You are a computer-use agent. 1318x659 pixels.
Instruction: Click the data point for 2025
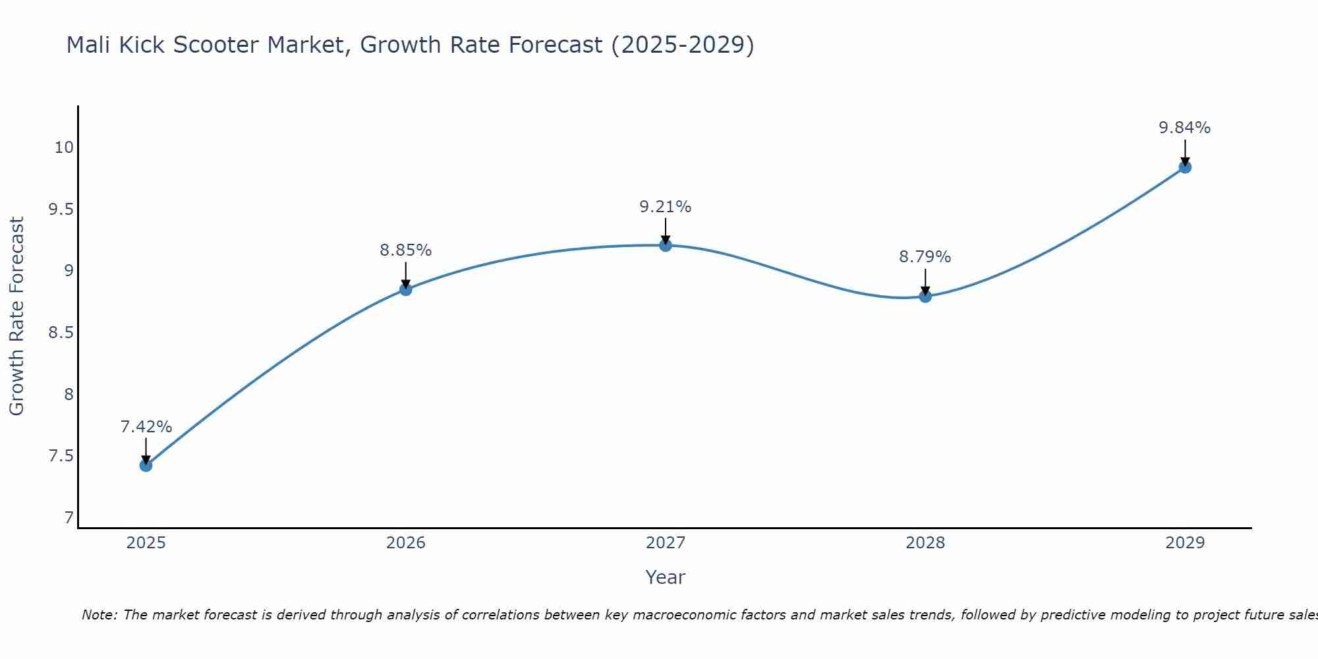point(146,465)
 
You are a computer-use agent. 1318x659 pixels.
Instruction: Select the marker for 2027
point(666,245)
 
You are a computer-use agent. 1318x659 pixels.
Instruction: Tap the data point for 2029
point(1185,167)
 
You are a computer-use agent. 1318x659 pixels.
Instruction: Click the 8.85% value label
point(405,250)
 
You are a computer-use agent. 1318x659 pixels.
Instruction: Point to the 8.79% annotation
point(925,257)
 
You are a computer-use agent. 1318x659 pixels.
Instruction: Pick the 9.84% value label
point(1184,128)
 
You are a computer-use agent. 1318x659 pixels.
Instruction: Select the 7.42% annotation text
point(146,427)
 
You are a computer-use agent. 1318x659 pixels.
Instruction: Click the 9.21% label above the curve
point(665,207)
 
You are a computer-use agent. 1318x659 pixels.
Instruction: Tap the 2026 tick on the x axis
point(405,543)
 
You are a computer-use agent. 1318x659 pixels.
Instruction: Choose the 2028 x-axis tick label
point(925,543)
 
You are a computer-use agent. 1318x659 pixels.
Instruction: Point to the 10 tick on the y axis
point(64,148)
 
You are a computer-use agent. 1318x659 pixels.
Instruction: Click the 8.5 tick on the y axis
point(61,333)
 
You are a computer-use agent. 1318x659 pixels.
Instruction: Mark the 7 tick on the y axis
point(69,518)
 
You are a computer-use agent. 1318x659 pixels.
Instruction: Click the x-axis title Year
point(665,577)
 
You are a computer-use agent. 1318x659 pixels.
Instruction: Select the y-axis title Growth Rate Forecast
point(16,316)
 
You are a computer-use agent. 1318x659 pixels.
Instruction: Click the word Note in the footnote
point(98,615)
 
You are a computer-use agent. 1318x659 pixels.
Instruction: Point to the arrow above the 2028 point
point(925,281)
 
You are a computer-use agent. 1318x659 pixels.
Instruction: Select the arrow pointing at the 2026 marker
point(405,275)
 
